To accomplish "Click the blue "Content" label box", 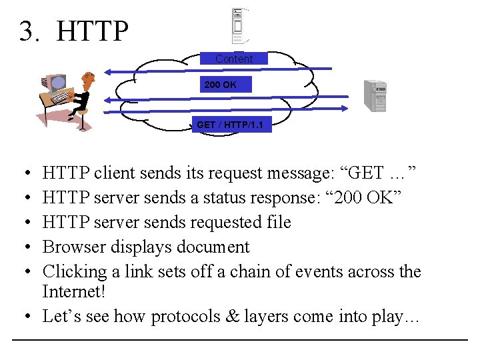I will coord(234,59).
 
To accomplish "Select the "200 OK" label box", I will coord(219,85).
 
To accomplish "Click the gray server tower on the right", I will coord(375,95).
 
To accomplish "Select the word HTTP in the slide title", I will coord(93,31).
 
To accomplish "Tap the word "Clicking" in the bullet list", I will coord(75,272).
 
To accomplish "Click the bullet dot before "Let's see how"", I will coord(23,317).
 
